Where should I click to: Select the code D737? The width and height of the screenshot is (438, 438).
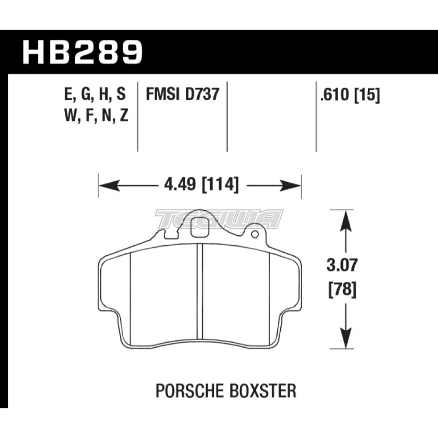(x=201, y=95)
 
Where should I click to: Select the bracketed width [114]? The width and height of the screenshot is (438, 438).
(x=221, y=186)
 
